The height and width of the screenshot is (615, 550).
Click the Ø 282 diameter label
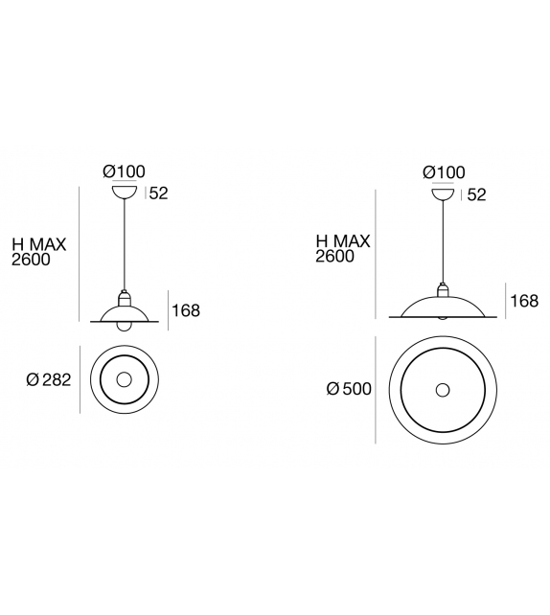[49, 379]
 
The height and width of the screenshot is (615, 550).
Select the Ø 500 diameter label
[349, 390]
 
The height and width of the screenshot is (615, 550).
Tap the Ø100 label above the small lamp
[124, 171]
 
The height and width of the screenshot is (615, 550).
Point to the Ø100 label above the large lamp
[443, 172]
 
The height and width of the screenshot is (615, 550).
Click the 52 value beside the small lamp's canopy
[159, 194]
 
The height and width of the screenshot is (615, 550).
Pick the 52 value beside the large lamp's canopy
[476, 194]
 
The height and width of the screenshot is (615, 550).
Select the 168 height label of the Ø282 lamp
[186, 310]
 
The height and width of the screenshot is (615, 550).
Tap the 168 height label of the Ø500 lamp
[524, 301]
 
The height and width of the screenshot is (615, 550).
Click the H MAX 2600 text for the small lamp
[38, 252]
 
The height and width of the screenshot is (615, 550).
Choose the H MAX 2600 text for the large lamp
[343, 249]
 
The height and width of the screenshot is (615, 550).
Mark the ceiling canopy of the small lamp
[124, 192]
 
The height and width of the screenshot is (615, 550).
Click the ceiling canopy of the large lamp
[443, 193]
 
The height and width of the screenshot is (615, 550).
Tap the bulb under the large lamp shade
[443, 317]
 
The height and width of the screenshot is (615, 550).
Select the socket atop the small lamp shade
[124, 295]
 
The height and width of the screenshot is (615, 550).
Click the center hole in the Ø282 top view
[124, 380]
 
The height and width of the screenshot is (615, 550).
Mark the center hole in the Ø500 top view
[442, 390]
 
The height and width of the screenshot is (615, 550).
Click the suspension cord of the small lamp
[124, 244]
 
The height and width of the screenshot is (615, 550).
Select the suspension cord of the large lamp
[443, 239]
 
